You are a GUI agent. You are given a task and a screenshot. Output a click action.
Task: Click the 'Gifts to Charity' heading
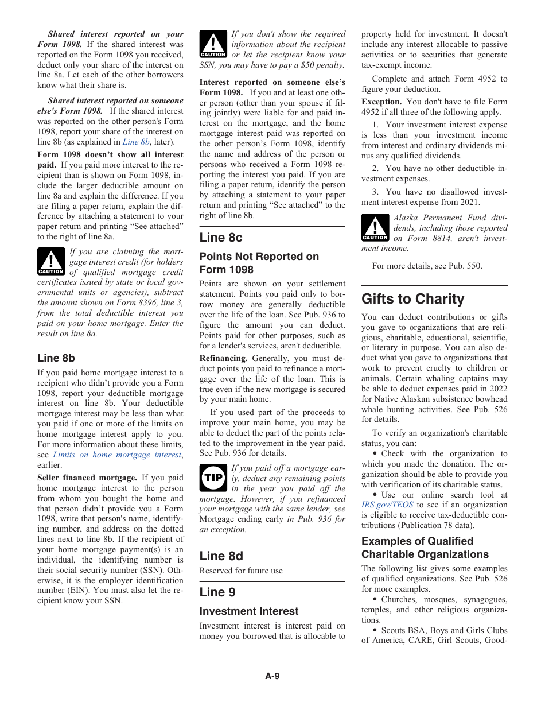(412, 299)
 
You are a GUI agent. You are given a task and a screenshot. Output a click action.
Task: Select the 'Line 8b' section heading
(56, 358)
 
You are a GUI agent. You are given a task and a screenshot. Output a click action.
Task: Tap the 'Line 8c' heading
(221, 238)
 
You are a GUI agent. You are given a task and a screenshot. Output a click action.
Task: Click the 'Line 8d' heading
(221, 556)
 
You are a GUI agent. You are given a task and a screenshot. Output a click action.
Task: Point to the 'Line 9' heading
(217, 592)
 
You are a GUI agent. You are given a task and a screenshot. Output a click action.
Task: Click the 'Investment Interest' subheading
(249, 611)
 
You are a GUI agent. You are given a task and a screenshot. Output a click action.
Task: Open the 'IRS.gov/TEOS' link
(387, 505)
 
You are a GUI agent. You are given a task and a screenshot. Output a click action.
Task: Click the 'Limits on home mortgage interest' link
(117, 455)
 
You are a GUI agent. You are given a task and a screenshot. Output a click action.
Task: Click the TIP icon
(213, 478)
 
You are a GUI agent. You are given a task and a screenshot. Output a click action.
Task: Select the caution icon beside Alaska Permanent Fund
(375, 228)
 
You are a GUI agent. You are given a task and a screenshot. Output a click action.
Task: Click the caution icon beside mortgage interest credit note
(51, 262)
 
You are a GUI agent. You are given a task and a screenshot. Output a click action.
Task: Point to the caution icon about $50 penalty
(213, 45)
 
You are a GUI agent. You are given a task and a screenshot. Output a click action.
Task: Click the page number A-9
(272, 676)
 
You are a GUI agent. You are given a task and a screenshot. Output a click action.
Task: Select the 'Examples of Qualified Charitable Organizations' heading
(425, 548)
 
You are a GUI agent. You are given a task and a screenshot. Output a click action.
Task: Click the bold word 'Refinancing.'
(224, 358)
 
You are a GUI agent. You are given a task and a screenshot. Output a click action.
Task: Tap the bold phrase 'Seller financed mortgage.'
(87, 478)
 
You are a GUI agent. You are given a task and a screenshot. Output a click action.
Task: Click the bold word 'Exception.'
(381, 102)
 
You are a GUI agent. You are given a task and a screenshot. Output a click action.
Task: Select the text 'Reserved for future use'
(241, 571)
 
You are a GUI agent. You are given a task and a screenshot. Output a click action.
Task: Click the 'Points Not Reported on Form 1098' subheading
(259, 263)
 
